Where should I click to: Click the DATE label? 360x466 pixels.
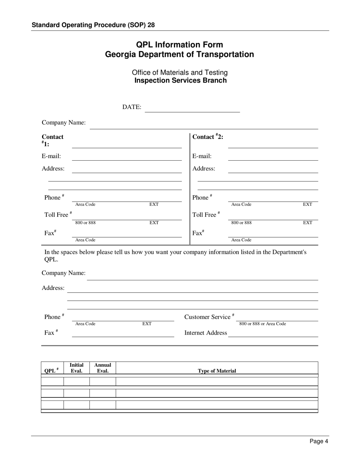point(131,107)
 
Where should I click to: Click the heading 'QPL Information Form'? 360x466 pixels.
point(180,45)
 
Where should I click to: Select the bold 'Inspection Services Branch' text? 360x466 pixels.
point(180,80)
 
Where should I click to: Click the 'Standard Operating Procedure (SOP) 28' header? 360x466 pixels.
point(93,25)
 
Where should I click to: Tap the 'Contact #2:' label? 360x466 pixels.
point(208,137)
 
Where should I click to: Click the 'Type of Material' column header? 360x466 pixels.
point(217,371)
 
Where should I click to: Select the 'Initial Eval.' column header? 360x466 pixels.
point(77,368)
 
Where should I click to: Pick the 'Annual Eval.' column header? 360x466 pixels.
point(103,368)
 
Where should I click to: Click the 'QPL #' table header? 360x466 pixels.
point(52,371)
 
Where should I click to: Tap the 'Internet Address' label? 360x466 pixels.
point(206,333)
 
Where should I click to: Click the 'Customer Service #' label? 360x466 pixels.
point(209,317)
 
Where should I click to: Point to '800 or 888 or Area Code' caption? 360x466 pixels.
point(263,324)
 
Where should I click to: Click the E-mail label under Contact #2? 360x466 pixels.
point(202,156)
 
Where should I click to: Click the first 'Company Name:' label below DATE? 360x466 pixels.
point(64,123)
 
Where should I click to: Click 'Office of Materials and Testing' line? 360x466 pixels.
point(180,72)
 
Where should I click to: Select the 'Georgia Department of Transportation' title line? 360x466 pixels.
point(180,55)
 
